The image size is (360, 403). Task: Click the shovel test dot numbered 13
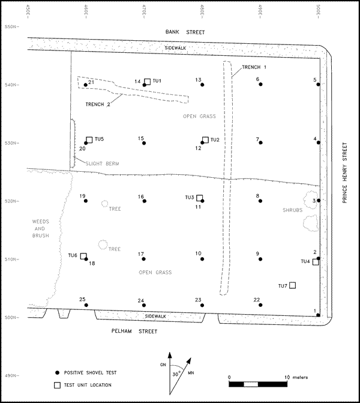coord(202,85)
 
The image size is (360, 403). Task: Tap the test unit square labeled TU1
coord(148,81)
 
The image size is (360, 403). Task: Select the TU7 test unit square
coord(293,285)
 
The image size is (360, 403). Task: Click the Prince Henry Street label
coord(345,172)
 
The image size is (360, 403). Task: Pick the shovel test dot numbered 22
coord(261,305)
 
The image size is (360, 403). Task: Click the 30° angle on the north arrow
coord(177,372)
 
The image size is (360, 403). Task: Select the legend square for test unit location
coord(58,385)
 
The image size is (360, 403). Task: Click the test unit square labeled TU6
coord(84,256)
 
